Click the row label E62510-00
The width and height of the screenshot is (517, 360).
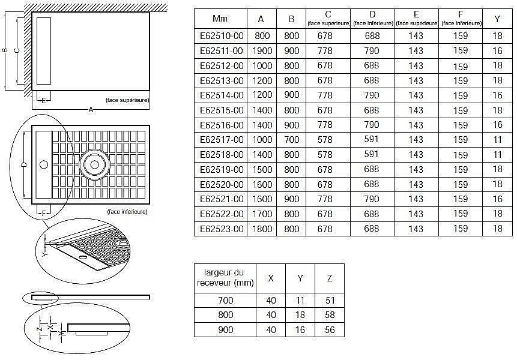coord(221,36)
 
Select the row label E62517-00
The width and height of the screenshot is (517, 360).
coord(221,140)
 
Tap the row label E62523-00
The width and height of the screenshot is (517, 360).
coord(221,229)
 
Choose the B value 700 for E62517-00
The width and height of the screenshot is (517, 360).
coord(291,140)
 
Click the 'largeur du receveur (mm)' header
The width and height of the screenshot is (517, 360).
coord(225,277)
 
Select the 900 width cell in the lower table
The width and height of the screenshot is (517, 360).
coord(225,330)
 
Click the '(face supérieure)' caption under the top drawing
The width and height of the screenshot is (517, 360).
coord(127,100)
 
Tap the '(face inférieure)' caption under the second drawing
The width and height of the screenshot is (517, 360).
coord(127,212)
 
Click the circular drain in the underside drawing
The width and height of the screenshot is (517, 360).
coord(94,163)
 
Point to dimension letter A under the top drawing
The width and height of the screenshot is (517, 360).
coord(91,110)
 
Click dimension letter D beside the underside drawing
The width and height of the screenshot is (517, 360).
coord(23,163)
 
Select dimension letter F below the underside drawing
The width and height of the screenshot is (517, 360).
coord(43,212)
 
